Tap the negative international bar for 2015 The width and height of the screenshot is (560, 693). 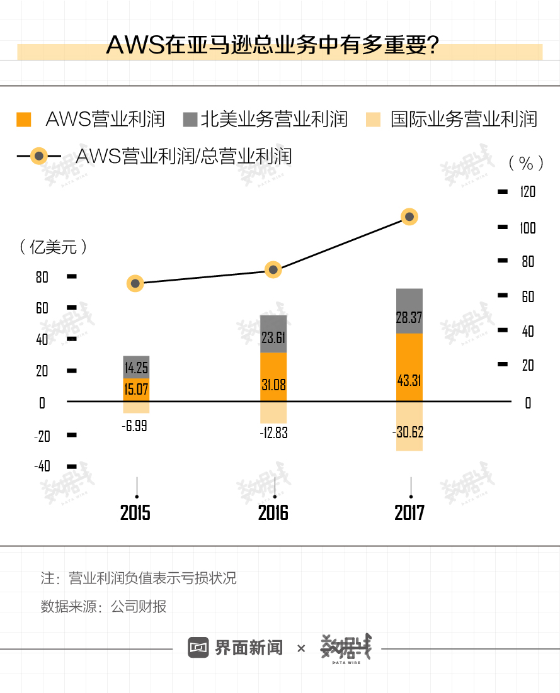pos(136,408)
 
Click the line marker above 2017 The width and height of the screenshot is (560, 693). pos(409,217)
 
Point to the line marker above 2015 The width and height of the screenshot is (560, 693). pos(135,283)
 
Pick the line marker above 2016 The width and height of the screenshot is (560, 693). pos(273,269)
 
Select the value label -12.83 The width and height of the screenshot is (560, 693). pos(273,433)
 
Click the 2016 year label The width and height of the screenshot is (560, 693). pos(273,512)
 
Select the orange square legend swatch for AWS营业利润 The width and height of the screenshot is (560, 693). pos(23,120)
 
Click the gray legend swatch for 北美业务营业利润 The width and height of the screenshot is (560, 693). pos(190,120)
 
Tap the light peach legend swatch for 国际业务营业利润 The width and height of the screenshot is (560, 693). pos(374,120)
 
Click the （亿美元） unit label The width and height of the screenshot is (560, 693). pos(53,247)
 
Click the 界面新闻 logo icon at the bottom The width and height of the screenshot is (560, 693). pos(198,647)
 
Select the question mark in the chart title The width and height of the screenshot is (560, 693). pos(432,45)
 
